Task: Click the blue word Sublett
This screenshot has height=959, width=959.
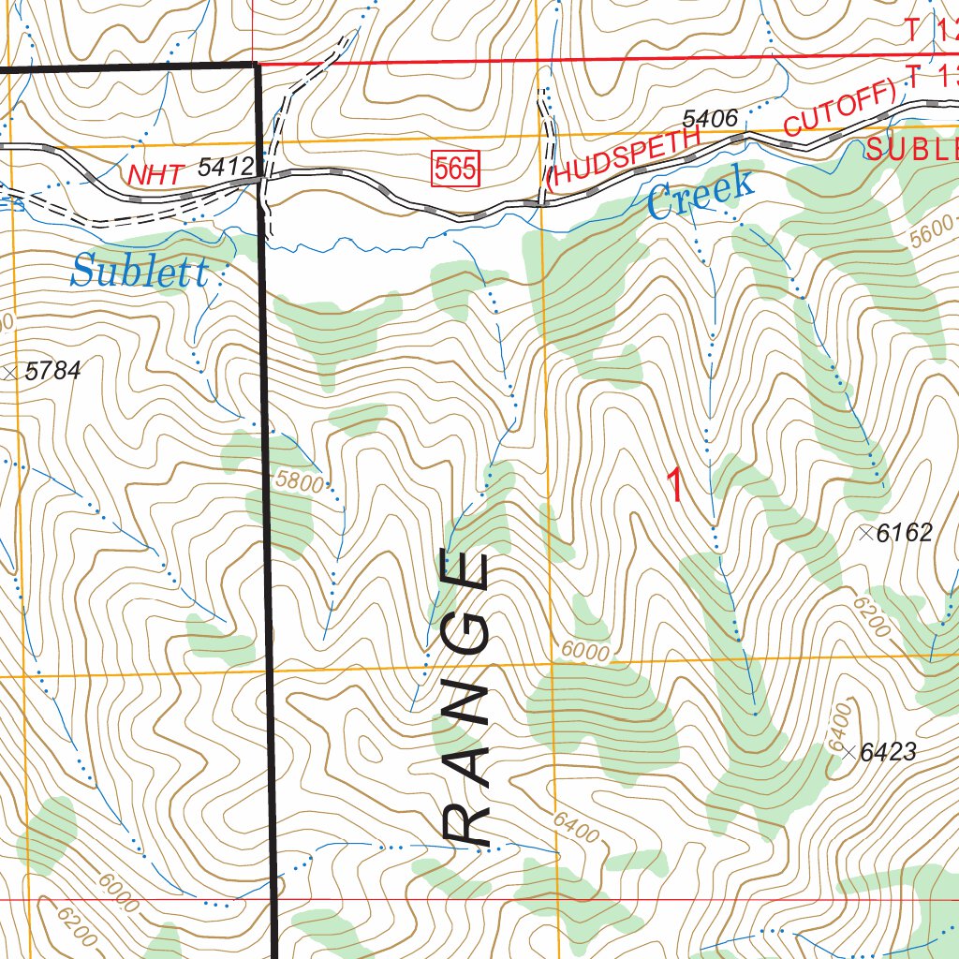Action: click(x=139, y=273)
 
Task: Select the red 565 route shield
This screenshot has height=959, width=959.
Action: click(x=456, y=170)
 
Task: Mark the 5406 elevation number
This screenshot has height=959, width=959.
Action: click(x=711, y=119)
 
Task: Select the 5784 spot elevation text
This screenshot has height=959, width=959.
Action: click(x=53, y=372)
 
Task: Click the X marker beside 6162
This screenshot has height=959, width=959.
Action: click(x=866, y=533)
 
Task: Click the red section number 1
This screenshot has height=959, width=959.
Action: click(x=673, y=484)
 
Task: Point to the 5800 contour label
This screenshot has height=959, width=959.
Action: click(x=300, y=483)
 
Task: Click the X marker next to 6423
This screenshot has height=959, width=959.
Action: click(x=848, y=752)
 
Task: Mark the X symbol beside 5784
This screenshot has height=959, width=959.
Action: click(x=11, y=373)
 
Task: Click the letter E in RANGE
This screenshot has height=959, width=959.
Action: click(x=465, y=573)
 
